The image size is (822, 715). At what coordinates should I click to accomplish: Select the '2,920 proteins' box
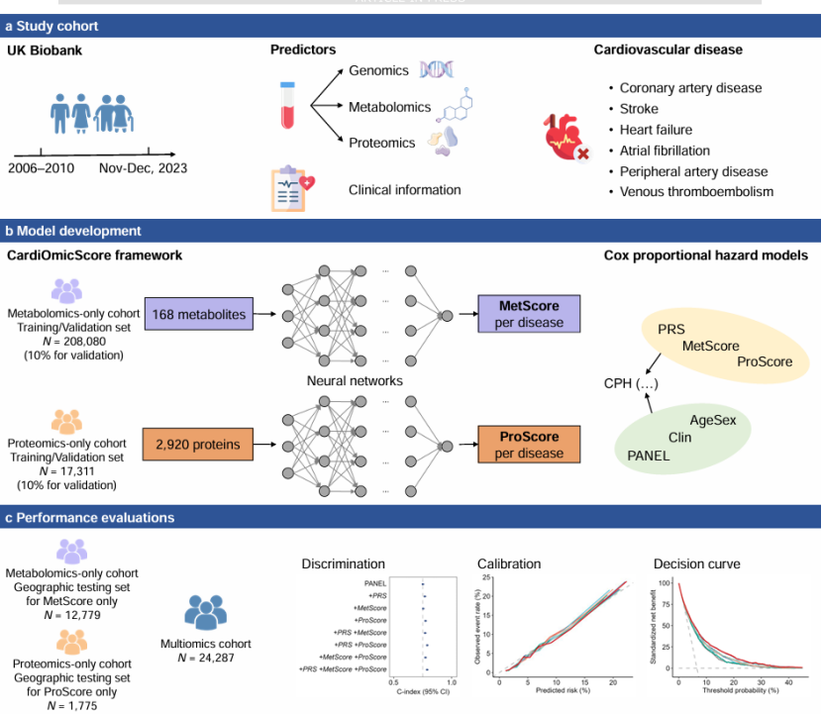[x=197, y=445]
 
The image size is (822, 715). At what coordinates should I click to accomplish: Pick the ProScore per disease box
[x=528, y=444]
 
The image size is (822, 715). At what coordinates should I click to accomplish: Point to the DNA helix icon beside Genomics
[x=436, y=69]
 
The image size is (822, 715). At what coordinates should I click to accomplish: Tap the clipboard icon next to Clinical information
[x=294, y=189]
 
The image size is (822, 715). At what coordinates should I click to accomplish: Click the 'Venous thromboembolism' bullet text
[x=697, y=192]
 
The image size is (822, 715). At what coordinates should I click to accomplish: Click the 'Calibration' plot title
[x=509, y=564]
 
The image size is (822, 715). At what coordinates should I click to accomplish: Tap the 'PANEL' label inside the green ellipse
[x=651, y=456]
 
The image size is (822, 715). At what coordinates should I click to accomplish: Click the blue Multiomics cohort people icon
[x=206, y=612]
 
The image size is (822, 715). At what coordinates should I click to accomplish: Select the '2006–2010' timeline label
[x=42, y=167]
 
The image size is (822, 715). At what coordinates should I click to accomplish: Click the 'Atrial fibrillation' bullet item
[x=666, y=151]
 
